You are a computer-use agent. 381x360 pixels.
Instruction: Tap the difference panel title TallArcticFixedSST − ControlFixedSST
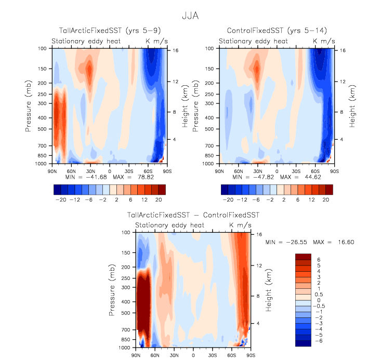click(193, 215)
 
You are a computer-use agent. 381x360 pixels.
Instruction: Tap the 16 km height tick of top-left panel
click(176, 50)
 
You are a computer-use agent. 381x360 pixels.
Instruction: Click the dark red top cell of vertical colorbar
click(303, 257)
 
